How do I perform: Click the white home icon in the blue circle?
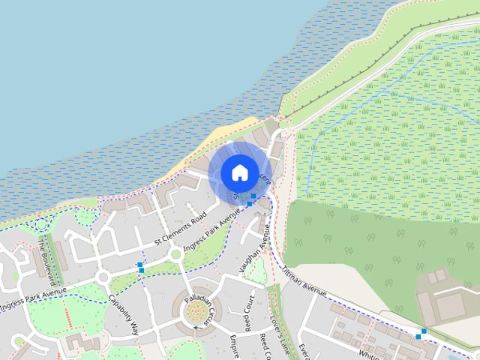click(x=238, y=172)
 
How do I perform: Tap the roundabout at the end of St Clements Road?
click(x=177, y=255)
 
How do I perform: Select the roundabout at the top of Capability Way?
click(x=103, y=278)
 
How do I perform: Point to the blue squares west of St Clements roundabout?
click(x=140, y=266)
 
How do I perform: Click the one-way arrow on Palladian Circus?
click(x=196, y=328)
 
